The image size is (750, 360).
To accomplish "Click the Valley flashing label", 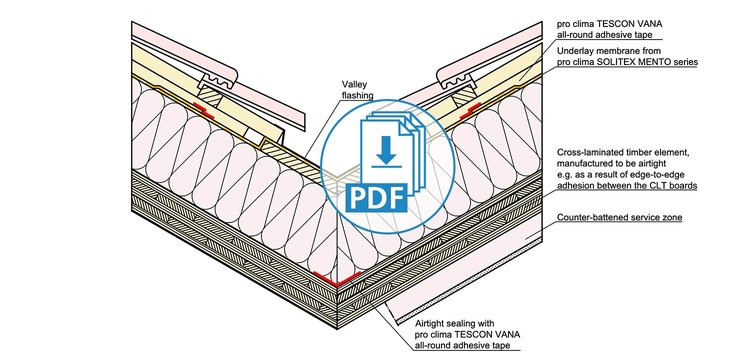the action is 357,89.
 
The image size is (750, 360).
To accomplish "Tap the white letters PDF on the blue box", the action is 376,198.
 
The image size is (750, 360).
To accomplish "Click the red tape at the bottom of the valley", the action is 337,279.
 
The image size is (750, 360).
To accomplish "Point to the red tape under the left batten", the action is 204,109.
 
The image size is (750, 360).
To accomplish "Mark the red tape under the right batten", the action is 471,110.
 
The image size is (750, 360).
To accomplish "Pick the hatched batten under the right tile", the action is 463,96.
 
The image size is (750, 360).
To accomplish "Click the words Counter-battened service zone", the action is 619,218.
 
